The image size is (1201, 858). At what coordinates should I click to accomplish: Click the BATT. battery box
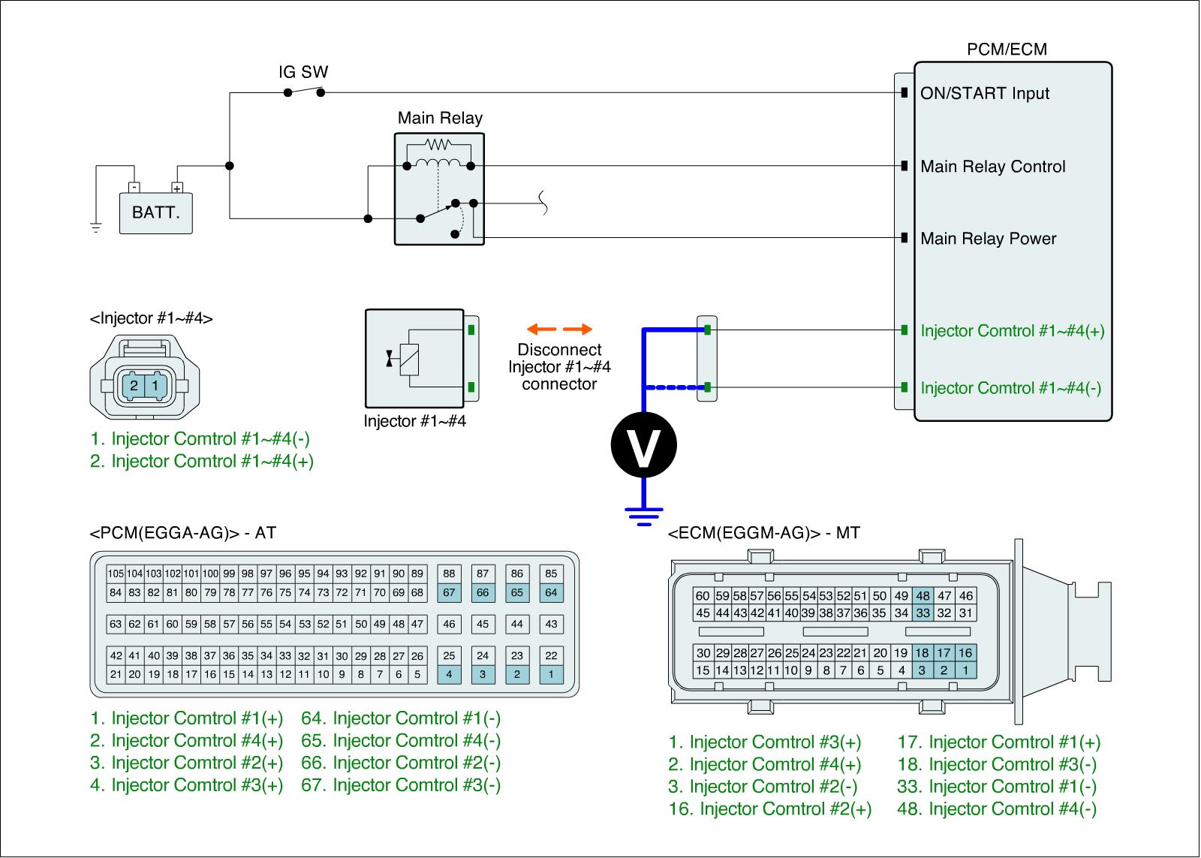155,212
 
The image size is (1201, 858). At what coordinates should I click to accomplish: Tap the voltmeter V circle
643,444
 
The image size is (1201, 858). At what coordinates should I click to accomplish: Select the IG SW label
303,73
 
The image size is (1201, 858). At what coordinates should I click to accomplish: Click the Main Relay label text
440,118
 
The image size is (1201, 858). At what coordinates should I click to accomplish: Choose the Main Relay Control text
992,167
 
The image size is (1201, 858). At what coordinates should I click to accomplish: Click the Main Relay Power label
988,239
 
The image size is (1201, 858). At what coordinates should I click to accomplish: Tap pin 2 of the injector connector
134,386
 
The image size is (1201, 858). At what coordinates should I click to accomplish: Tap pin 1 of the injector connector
155,386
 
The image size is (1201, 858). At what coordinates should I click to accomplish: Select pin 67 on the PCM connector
449,592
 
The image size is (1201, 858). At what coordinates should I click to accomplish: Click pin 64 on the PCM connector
551,592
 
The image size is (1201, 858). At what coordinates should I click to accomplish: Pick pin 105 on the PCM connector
116,574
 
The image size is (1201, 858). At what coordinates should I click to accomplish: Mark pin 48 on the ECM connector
923,596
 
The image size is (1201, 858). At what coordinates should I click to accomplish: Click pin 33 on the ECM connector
923,613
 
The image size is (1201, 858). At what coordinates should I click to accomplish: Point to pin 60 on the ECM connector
703,596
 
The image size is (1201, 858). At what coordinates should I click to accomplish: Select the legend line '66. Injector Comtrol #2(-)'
401,763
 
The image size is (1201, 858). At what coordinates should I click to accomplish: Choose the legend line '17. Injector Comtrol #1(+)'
998,742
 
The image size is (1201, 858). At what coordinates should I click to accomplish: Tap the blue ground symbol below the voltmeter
643,516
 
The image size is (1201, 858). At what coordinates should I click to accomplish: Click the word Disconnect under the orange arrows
559,350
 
